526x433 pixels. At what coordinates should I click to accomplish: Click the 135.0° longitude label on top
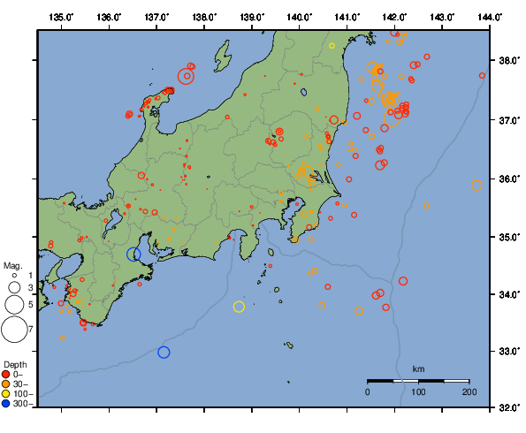[62, 17]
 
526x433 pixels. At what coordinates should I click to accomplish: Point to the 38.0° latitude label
[507, 61]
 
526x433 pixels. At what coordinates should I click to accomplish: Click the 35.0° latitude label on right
[507, 237]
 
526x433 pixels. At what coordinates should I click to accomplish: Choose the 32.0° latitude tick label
[507, 408]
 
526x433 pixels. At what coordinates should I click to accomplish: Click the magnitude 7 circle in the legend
[13, 330]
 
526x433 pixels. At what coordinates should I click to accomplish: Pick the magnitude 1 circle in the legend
[13, 276]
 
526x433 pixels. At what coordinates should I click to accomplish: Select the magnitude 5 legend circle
[13, 304]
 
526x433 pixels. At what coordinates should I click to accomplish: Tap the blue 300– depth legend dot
[8, 404]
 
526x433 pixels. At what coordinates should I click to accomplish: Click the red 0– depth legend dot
[8, 375]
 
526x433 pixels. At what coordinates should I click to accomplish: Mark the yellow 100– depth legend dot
[8, 394]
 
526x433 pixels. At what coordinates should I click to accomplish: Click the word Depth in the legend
[15, 364]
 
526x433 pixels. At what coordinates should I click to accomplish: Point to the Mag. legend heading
[12, 265]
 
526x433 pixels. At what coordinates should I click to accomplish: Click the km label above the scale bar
[418, 368]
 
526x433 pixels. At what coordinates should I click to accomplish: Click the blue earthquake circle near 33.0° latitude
[164, 353]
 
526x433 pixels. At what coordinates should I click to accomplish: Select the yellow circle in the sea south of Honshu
[239, 307]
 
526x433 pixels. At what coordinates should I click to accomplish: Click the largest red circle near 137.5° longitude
[186, 76]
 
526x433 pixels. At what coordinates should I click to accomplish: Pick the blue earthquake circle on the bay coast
[133, 254]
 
